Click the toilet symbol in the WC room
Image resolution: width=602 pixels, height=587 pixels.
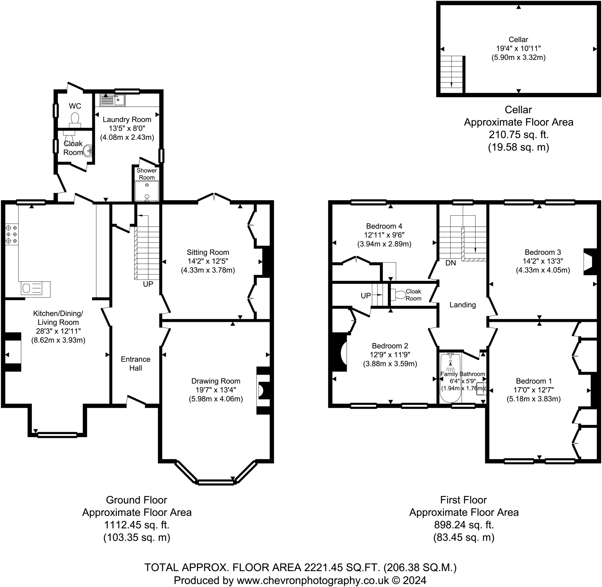click(75, 119)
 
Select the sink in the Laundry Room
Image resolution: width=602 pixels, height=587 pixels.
click(113, 100)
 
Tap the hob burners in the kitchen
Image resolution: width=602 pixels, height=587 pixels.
click(11, 234)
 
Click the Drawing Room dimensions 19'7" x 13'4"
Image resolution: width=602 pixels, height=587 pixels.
click(216, 390)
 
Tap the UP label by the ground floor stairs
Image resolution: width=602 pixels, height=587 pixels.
click(148, 284)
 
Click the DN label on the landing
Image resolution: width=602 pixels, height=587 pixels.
click(451, 263)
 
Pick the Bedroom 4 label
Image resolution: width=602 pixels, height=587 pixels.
click(384, 226)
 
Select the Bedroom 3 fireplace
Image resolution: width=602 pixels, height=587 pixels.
click(590, 261)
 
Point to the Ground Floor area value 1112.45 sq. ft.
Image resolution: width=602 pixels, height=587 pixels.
click(137, 524)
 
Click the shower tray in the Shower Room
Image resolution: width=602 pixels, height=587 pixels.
click(147, 191)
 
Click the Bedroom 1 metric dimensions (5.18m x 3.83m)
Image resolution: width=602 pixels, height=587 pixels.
click(533, 399)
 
